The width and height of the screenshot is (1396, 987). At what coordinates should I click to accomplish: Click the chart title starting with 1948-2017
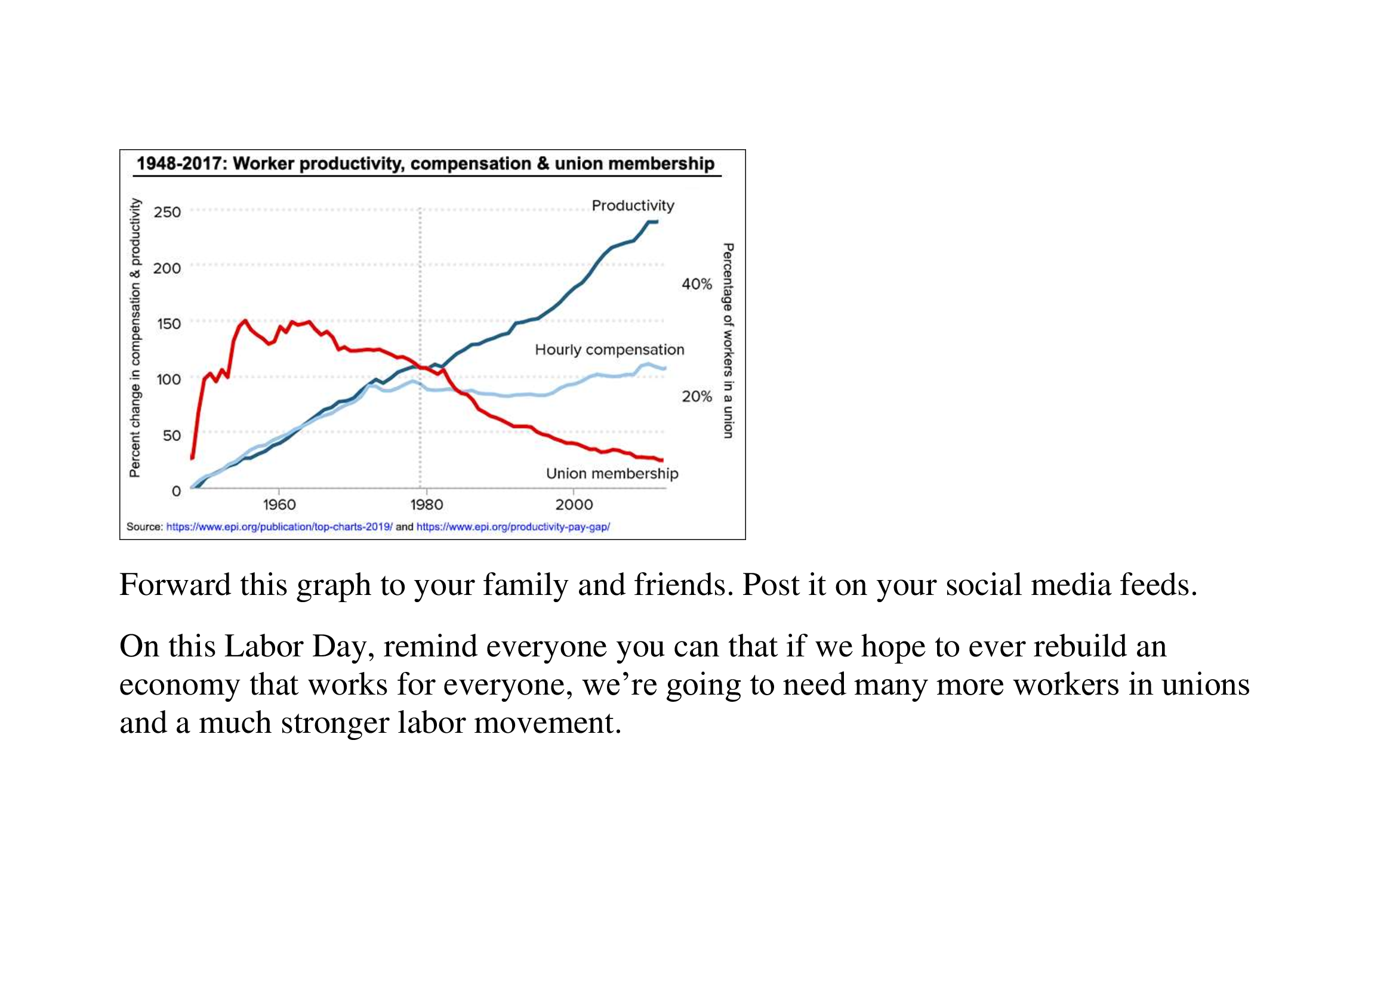pyautogui.click(x=425, y=164)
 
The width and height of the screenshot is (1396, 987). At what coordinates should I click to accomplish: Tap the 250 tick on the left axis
pyautogui.click(x=167, y=212)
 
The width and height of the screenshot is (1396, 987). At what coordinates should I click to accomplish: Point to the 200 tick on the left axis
pyautogui.click(x=167, y=268)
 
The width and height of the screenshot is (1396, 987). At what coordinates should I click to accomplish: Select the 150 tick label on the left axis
pyautogui.click(x=168, y=324)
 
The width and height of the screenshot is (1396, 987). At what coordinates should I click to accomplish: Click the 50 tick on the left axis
pyautogui.click(x=171, y=435)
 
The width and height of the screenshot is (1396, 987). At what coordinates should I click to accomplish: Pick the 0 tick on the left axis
pyautogui.click(x=176, y=491)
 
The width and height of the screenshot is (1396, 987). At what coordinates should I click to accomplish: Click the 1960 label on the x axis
pyautogui.click(x=279, y=504)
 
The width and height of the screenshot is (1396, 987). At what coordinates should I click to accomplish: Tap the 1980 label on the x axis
pyautogui.click(x=426, y=504)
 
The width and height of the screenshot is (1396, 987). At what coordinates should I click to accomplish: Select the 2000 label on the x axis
pyautogui.click(x=574, y=504)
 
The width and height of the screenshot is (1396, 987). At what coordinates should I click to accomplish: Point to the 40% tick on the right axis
pyautogui.click(x=696, y=284)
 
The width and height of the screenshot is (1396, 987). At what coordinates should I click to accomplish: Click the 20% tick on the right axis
pyautogui.click(x=696, y=396)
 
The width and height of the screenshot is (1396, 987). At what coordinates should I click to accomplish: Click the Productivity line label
pyautogui.click(x=633, y=205)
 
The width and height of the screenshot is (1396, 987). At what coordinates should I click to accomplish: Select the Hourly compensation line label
pyautogui.click(x=609, y=350)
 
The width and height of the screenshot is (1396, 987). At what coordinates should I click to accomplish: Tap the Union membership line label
pyautogui.click(x=612, y=473)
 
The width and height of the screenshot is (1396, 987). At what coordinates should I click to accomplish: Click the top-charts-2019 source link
pyautogui.click(x=279, y=527)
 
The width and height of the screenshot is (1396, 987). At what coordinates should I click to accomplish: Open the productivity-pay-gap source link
pyautogui.click(x=513, y=527)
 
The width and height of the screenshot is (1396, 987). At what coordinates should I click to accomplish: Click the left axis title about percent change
pyautogui.click(x=135, y=338)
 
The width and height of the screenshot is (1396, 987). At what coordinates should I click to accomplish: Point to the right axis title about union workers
pyautogui.click(x=728, y=340)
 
